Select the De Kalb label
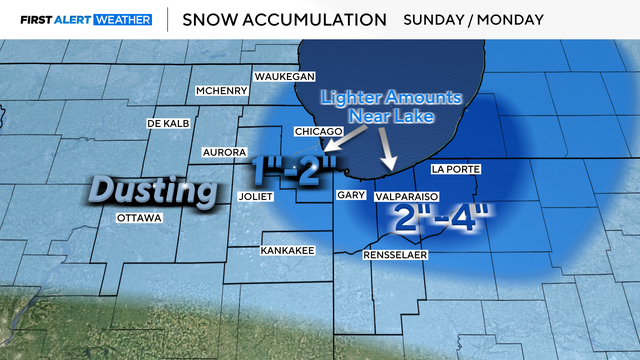click(x=169, y=123)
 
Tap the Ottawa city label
click(x=138, y=217)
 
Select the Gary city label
click(x=350, y=196)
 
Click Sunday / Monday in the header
click(x=473, y=19)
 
